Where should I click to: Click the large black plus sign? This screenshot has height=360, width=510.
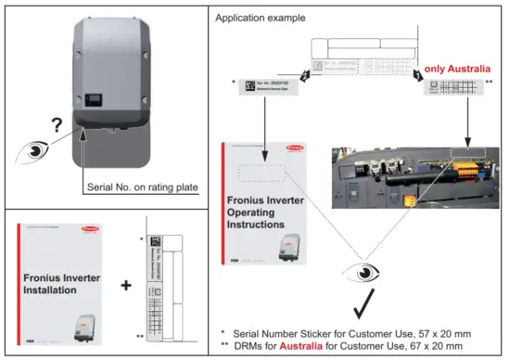125,285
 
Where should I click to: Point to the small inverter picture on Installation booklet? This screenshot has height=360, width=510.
93,326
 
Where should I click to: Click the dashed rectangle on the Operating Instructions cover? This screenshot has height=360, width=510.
264,174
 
